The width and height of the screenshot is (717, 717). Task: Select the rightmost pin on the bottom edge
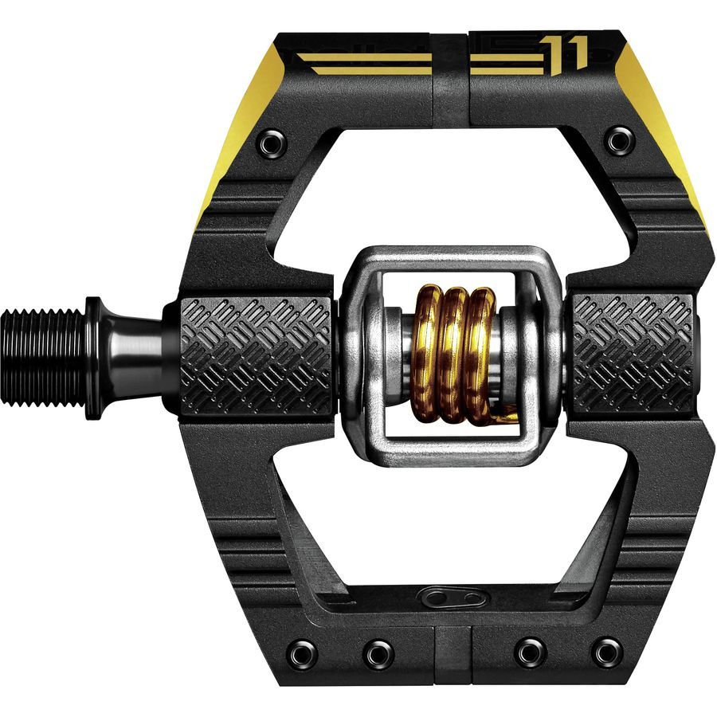pos(607,652)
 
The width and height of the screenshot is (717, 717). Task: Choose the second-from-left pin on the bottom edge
pos(379,654)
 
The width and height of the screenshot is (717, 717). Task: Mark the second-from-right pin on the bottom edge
pos(530,652)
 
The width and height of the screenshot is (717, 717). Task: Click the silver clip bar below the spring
pos(454,451)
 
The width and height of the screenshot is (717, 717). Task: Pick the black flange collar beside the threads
pos(94,356)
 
